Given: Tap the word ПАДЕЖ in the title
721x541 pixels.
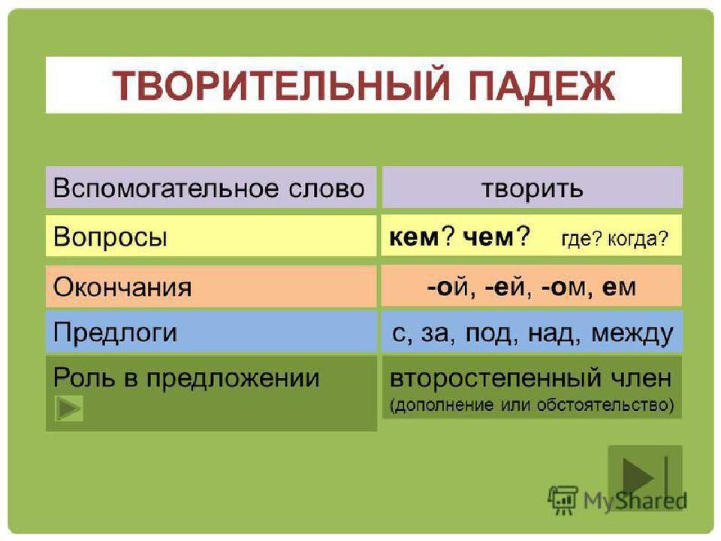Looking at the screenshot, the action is (542, 86).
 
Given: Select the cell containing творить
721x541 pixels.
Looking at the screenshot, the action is (532, 187).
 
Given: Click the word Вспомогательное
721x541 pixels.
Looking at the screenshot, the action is (166, 188).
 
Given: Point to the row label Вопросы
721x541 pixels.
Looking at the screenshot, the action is (110, 237).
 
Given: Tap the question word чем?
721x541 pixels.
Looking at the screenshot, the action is (496, 237).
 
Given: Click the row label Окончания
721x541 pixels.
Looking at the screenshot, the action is (122, 287).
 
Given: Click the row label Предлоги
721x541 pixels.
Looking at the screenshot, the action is (115, 332).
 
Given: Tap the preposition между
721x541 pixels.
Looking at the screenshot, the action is (632, 333).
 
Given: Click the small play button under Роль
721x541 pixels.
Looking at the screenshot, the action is (69, 408).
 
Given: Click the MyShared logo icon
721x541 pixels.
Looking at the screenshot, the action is (563, 500).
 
